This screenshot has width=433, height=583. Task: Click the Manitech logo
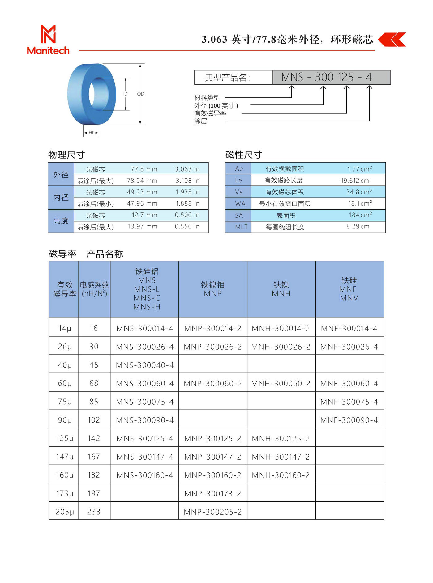[48, 40]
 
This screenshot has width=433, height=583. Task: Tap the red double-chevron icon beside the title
[392, 40]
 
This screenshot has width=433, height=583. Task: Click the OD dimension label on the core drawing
[140, 94]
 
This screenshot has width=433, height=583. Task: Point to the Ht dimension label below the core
[91, 133]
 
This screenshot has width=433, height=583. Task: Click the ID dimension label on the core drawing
[125, 94]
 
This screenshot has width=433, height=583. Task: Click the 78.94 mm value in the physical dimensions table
[142, 181]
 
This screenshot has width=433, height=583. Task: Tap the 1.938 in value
[187, 192]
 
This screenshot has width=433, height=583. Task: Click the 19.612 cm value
[355, 181]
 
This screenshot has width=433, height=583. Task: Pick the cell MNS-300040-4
[145, 365]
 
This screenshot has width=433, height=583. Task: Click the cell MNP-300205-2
[212, 512]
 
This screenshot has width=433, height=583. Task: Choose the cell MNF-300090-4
[349, 420]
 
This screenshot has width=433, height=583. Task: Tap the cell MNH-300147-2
[281, 457]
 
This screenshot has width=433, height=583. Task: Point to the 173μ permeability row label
[64, 493]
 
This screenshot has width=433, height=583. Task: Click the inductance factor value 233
[94, 512]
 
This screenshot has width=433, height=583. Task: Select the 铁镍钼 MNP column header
[212, 289]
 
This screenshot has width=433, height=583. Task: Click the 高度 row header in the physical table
[61, 221]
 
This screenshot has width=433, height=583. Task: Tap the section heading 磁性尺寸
[243, 155]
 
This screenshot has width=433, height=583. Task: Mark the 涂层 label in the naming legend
[201, 121]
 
